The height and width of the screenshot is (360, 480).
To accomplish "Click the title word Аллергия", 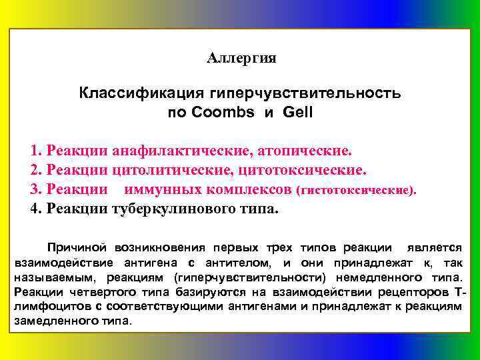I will coord(241,59).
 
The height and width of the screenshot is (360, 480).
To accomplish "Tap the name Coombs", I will coord(223,112).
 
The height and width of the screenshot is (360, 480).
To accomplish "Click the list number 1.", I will coord(35,147).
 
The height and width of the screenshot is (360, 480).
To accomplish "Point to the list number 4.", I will coord(35,208).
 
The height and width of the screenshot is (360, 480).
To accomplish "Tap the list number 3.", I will coord(35,189).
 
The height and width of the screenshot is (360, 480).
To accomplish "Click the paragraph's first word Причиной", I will coord(73,247).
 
